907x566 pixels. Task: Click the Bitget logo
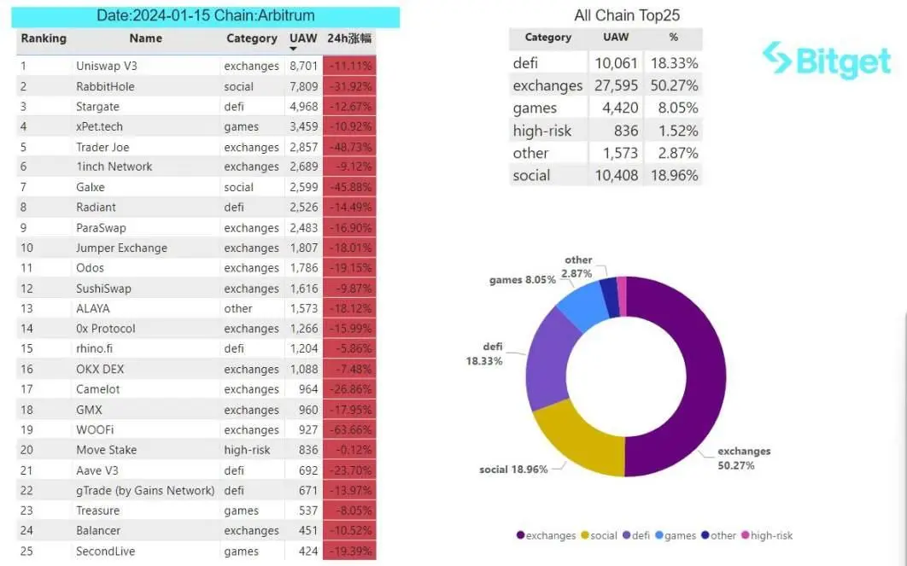827,61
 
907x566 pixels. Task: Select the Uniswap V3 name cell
106,66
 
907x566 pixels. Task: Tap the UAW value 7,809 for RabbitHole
303,86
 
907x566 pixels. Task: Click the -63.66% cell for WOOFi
348,430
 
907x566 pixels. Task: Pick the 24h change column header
348,38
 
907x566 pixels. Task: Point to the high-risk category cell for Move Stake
248,450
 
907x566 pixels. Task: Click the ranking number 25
27,551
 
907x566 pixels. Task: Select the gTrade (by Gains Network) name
145,491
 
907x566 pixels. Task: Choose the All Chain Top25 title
627,15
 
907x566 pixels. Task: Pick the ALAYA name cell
93,308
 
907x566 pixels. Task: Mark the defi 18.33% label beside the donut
485,353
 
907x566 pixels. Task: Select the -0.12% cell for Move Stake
348,450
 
